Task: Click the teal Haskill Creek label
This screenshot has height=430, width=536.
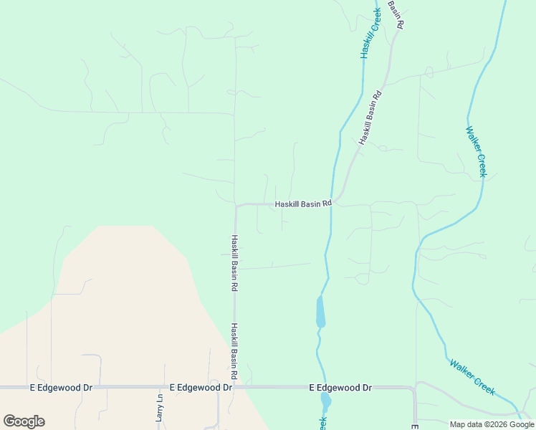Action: (x=369, y=34)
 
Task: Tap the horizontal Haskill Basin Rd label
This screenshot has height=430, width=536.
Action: (x=303, y=204)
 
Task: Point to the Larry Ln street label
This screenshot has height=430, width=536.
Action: (x=160, y=407)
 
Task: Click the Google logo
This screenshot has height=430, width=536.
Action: (x=24, y=421)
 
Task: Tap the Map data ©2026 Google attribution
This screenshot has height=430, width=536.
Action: (x=492, y=424)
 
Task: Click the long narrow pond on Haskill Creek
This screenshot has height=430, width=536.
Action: (x=320, y=312)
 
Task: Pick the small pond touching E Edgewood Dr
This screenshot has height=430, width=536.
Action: (x=326, y=400)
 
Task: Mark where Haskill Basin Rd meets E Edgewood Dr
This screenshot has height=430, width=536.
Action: (x=235, y=387)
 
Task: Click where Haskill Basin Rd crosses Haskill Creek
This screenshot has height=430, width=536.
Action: (x=332, y=204)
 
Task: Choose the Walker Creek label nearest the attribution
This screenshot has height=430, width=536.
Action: (x=472, y=377)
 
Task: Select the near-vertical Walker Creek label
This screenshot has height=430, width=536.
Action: (x=477, y=152)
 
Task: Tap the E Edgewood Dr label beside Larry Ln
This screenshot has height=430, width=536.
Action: (x=201, y=387)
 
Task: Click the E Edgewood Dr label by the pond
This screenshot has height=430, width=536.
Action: (x=340, y=387)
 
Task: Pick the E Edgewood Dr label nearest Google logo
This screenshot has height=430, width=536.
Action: (x=62, y=387)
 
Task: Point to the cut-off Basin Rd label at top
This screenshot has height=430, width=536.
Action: (x=396, y=14)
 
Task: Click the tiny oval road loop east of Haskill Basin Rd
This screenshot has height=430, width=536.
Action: (x=429, y=72)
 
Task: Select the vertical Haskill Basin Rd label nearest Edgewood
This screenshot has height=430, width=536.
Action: (x=234, y=351)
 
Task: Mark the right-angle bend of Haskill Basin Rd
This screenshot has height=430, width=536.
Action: (x=236, y=206)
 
